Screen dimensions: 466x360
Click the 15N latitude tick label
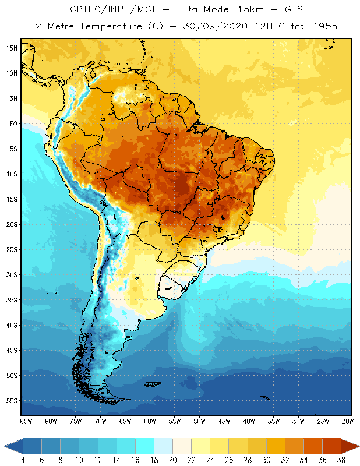[x=12, y=48]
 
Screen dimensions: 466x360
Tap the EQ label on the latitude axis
[x=13, y=123]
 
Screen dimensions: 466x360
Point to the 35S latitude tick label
[x=12, y=300]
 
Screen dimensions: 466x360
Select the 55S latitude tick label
[x=12, y=401]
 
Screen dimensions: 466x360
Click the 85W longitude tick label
[x=26, y=421]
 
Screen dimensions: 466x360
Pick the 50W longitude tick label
[x=199, y=421]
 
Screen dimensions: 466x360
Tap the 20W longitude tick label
[x=348, y=421]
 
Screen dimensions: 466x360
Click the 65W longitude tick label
[x=125, y=421]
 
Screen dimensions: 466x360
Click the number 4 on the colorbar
[x=23, y=460]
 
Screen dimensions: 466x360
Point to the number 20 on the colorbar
[x=172, y=460]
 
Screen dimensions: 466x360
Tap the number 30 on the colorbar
[x=266, y=460]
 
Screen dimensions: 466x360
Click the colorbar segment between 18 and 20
[x=163, y=446]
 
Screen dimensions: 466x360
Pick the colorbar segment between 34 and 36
[x=313, y=446]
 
